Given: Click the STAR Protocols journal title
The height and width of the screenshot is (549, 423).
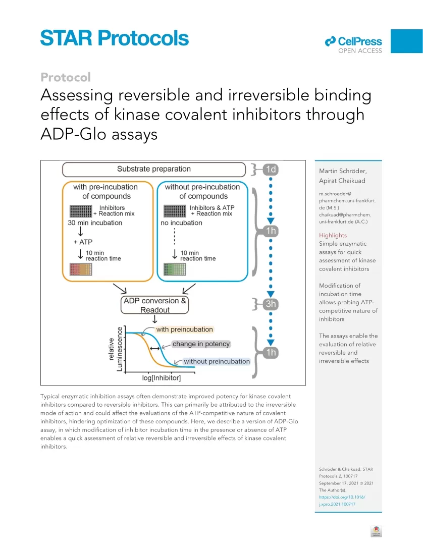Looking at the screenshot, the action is pyautogui.click(x=115, y=38).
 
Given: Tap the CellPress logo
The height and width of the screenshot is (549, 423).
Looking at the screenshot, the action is pyautogui.click(x=353, y=45).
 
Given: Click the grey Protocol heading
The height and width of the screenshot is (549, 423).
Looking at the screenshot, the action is pyautogui.click(x=66, y=77).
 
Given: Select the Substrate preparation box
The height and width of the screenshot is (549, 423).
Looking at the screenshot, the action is pyautogui.click(x=154, y=170).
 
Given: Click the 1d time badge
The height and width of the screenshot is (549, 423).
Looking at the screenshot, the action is pyautogui.click(x=271, y=170).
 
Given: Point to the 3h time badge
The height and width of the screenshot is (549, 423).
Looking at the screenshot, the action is pyautogui.click(x=271, y=304).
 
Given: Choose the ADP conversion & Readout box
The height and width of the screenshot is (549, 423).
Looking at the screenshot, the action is pyautogui.click(x=155, y=305).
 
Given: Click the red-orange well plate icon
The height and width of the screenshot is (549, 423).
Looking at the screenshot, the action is pyautogui.click(x=81, y=269).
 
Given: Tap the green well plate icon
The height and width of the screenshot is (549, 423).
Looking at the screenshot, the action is pyautogui.click(x=175, y=269).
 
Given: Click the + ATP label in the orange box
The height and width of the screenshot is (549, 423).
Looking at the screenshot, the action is pyautogui.click(x=83, y=242).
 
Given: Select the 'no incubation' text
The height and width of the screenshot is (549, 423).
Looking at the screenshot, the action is pyautogui.click(x=181, y=223).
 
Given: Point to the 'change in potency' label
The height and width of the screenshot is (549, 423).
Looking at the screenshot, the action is pyautogui.click(x=201, y=344).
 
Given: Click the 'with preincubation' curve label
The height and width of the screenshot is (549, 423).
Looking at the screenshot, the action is pyautogui.click(x=185, y=330).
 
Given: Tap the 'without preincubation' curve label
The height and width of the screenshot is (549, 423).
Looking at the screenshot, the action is pyautogui.click(x=217, y=361).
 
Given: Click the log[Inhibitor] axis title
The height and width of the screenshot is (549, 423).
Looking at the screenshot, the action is pyautogui.click(x=162, y=378).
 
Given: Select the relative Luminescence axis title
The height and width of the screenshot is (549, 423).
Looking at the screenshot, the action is pyautogui.click(x=115, y=349).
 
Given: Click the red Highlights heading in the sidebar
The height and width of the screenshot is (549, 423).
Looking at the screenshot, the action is pyautogui.click(x=333, y=235).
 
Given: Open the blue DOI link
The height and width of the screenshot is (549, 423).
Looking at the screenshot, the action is pyautogui.click(x=342, y=501).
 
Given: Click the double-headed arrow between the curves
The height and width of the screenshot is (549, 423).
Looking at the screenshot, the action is pyautogui.click(x=155, y=349).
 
